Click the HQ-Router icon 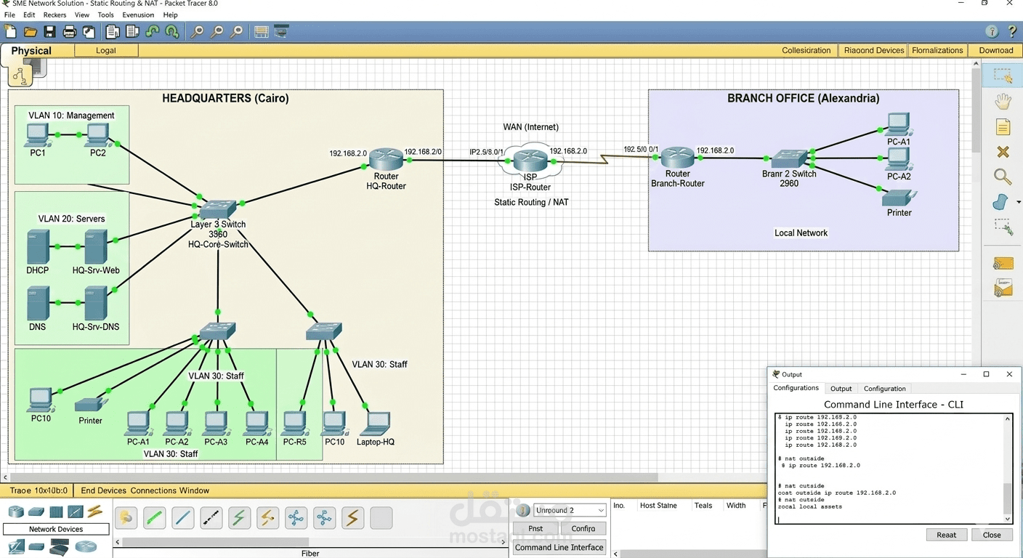[386, 159]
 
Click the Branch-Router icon [677, 157]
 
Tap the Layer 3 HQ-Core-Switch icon [217, 209]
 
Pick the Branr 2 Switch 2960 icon [789, 158]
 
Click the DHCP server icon [38, 247]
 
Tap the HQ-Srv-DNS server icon [95, 303]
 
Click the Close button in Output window [992, 535]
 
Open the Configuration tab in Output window [884, 389]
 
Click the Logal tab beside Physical [106, 50]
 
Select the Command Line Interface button [559, 547]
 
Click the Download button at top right [995, 50]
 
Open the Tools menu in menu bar [106, 15]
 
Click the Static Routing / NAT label [531, 202]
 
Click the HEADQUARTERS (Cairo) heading [225, 98]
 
